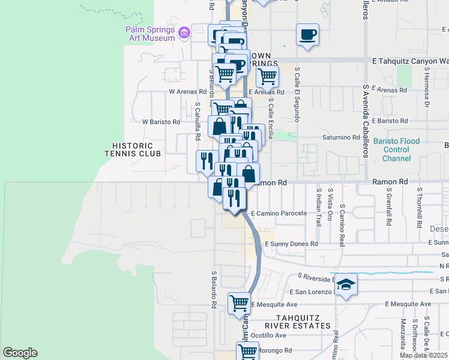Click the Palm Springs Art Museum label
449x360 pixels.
point(150,34)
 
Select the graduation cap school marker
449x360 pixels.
point(346,284)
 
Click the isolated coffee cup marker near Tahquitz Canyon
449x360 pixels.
point(307,34)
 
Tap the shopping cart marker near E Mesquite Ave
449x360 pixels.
point(239,304)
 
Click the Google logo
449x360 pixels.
point(20,353)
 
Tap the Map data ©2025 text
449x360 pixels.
point(423,355)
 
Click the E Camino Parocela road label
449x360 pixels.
point(279,213)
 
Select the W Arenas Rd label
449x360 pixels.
point(188,92)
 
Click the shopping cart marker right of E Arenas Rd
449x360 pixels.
point(267,76)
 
